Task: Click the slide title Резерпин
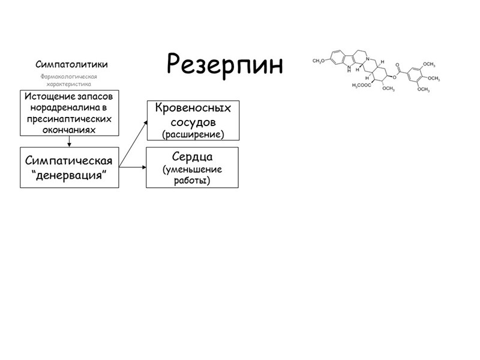(x=224, y=63)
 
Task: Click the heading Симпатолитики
(x=71, y=64)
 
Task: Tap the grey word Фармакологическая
(x=68, y=77)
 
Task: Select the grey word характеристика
(x=69, y=85)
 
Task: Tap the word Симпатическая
(x=69, y=160)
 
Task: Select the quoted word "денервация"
(x=69, y=174)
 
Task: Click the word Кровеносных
(x=193, y=108)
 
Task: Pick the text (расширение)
(x=193, y=134)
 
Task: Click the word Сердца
(x=192, y=157)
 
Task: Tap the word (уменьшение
(x=193, y=169)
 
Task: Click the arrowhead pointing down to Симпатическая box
(x=70, y=144)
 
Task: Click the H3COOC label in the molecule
(x=362, y=85)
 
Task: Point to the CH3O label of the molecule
(x=319, y=60)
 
